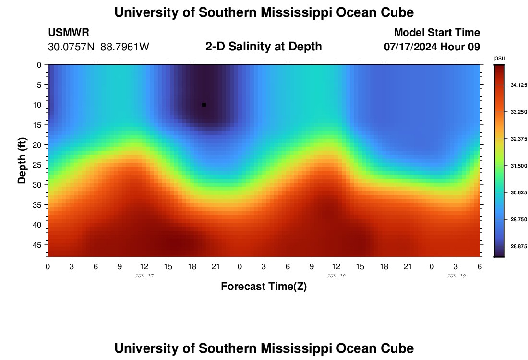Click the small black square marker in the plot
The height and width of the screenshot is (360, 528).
pos(204,105)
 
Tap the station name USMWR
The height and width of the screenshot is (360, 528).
pos(69,33)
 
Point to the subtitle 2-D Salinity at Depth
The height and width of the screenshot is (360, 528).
pos(264,47)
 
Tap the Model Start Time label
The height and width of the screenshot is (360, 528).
pos(437,33)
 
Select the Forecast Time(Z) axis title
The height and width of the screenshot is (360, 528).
pos(264,287)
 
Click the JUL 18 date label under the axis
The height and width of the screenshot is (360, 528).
pos(336,276)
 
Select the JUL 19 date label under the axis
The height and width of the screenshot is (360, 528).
pos(456,276)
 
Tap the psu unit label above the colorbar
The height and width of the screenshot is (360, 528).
pos(500,58)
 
